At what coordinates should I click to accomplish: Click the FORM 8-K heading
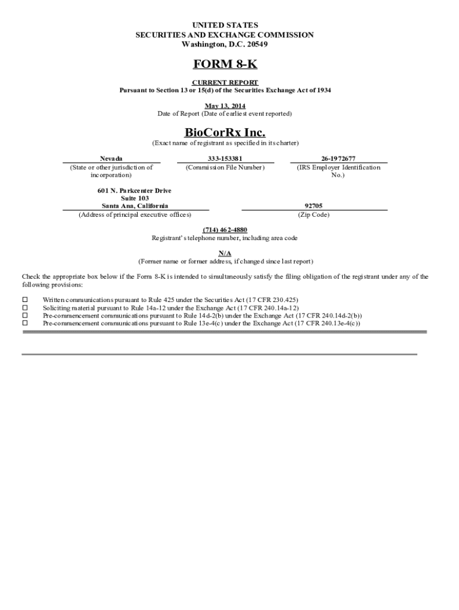[x=225, y=64]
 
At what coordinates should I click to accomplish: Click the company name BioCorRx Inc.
[x=225, y=132]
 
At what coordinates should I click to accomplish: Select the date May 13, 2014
[x=225, y=106]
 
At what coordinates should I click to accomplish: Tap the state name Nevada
[x=111, y=158]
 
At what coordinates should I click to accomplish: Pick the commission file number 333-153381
[x=225, y=158]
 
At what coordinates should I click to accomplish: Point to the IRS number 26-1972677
[x=338, y=158]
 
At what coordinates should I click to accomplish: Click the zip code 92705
[x=314, y=206]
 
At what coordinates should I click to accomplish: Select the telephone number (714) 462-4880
[x=225, y=230]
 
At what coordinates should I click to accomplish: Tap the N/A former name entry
[x=225, y=253]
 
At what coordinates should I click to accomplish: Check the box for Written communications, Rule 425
[x=25, y=300]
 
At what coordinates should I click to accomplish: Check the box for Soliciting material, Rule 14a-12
[x=25, y=307]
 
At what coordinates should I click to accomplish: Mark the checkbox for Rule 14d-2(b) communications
[x=25, y=315]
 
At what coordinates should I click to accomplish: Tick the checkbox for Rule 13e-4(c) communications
[x=25, y=323]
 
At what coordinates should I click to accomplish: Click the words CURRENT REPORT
[x=225, y=82]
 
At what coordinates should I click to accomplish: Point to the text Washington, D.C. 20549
[x=225, y=45]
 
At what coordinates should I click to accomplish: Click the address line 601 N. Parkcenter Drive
[x=135, y=191]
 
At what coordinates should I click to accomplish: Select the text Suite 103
[x=135, y=198]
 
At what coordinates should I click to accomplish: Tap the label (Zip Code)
[x=314, y=214]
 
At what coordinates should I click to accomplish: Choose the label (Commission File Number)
[x=225, y=167]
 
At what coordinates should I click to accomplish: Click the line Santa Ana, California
[x=135, y=206]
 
